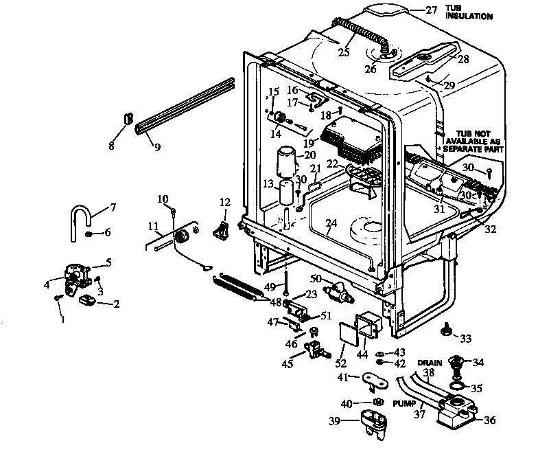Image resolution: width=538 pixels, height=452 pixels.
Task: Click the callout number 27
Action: (431, 10)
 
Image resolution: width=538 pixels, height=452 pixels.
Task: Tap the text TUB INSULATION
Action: (469, 12)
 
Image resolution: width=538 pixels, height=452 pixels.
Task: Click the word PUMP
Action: (403, 404)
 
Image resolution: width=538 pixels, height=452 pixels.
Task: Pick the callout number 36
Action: (490, 421)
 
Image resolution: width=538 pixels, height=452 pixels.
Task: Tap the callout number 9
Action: (156, 146)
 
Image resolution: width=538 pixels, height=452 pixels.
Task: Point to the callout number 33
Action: (466, 339)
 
